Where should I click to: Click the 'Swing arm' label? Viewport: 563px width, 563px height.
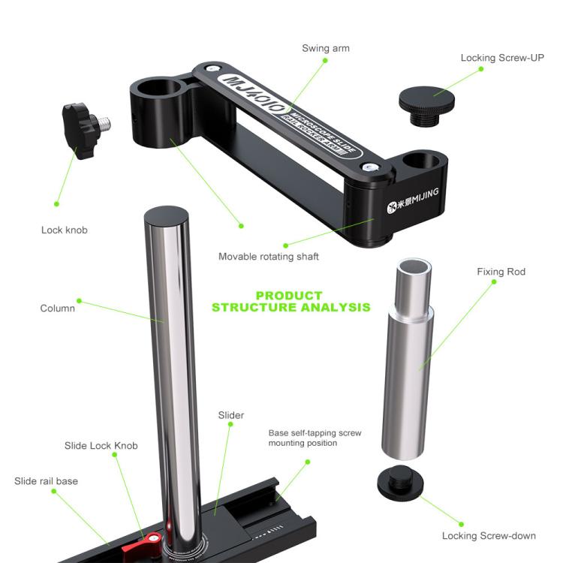point(326,48)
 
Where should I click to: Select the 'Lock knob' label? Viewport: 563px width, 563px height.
point(64,230)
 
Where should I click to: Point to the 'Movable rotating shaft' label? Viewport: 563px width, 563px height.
point(268,257)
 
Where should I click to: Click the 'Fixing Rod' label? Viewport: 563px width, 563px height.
point(501,272)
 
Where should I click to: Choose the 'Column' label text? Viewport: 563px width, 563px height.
point(58,308)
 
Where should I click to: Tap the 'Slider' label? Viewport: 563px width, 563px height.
point(231,415)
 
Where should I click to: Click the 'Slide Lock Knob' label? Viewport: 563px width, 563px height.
point(101,446)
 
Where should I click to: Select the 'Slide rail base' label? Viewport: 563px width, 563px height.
point(46,480)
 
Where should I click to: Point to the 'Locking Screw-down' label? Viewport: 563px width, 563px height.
point(489,535)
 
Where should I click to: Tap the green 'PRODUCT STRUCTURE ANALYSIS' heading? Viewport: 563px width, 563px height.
point(290,301)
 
